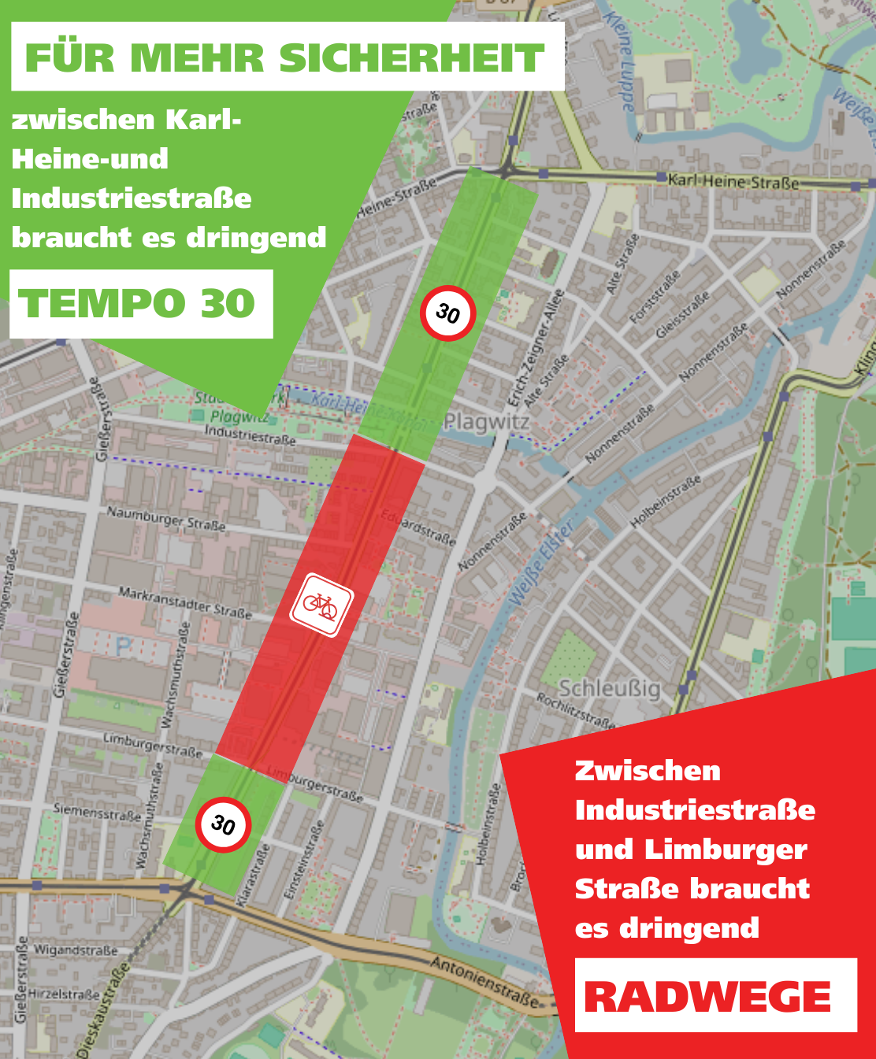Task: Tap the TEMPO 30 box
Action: [140, 304]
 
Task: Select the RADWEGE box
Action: [715, 996]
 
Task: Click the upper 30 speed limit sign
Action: [447, 313]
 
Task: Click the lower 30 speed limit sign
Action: [223, 824]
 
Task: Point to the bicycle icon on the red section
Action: [321, 605]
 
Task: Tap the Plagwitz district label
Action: [486, 422]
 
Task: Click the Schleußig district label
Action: [609, 689]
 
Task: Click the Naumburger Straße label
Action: [165, 518]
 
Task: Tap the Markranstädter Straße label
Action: [184, 602]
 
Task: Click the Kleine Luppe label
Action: [619, 59]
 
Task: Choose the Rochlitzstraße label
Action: [575, 709]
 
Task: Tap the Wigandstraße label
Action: [76, 950]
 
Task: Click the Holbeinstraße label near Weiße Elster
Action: [666, 502]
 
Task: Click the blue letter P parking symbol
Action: [124, 647]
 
